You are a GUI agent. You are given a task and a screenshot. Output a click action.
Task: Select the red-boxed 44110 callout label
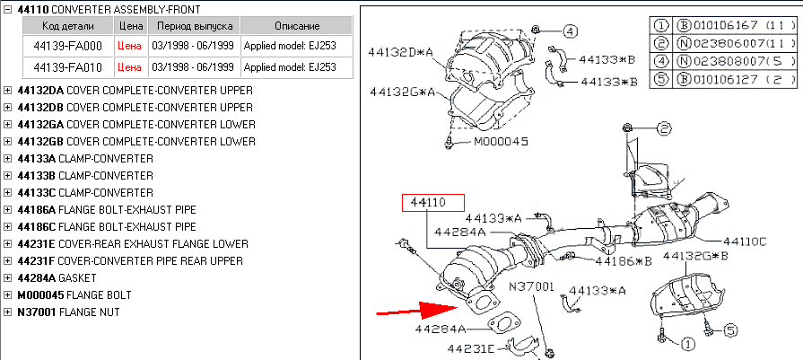(432, 203)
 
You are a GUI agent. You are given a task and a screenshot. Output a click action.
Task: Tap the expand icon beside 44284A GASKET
(8, 278)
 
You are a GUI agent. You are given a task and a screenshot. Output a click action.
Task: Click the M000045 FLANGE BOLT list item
(74, 295)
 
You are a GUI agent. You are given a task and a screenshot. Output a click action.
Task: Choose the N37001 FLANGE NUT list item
(68, 312)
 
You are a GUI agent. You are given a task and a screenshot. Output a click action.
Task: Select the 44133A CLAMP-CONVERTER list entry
(84, 159)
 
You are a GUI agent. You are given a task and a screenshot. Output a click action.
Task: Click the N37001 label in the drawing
(532, 286)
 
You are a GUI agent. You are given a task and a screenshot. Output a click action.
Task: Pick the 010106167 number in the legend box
(718, 25)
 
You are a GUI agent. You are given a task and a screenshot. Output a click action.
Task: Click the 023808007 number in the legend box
(718, 60)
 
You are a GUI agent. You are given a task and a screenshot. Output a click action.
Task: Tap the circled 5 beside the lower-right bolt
(729, 330)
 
